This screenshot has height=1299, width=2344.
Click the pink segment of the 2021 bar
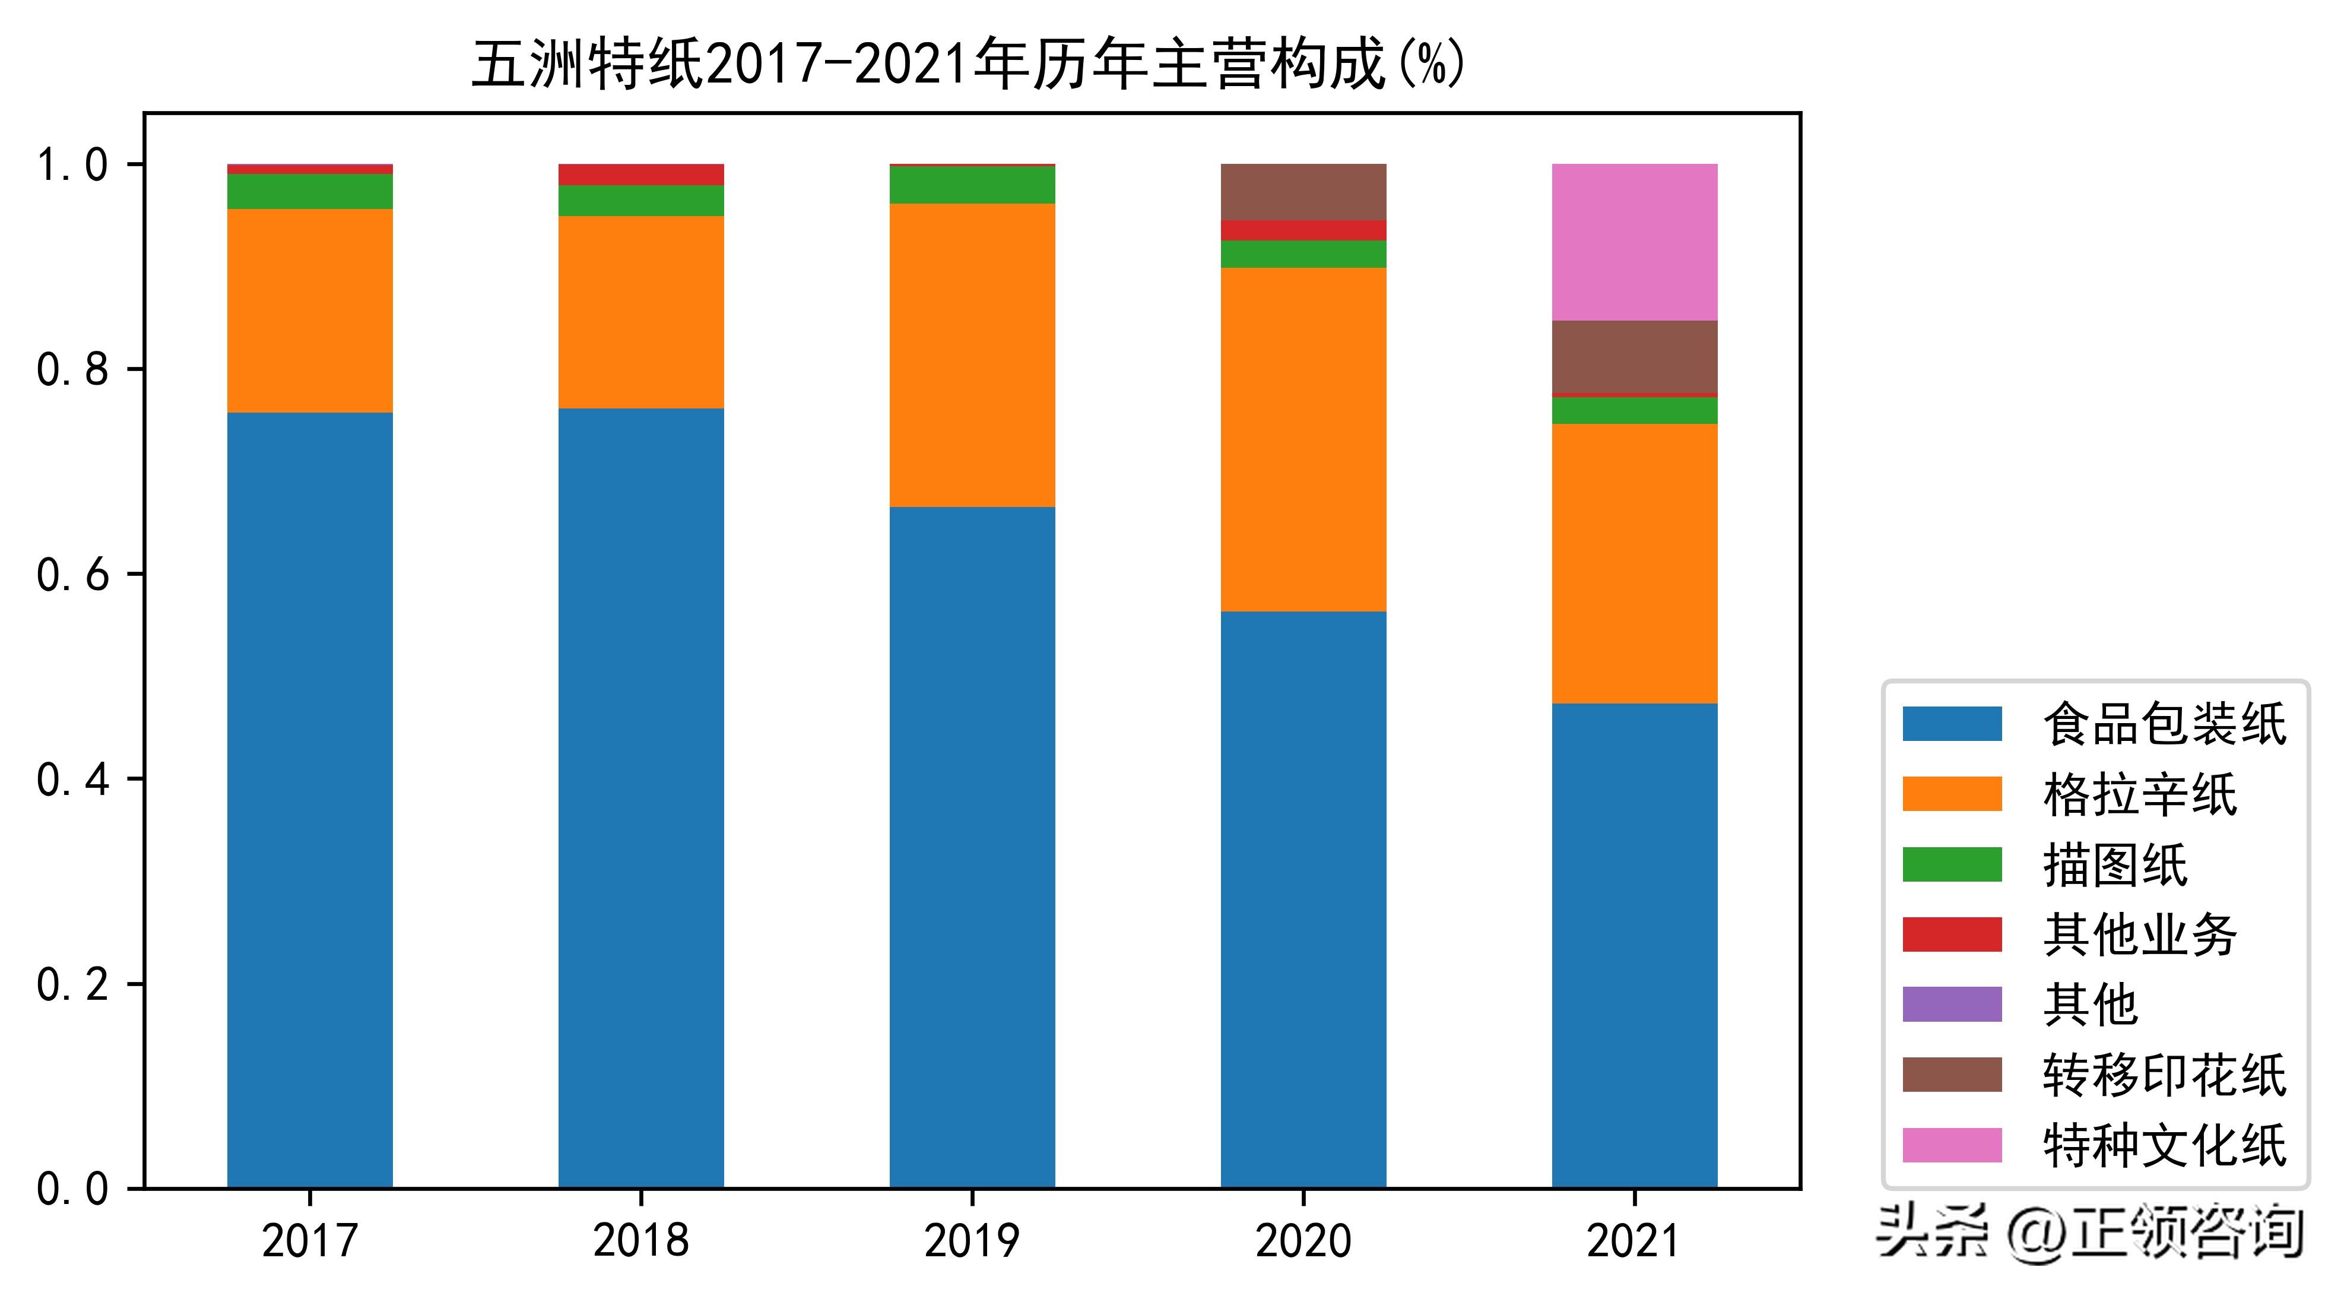(x=1634, y=242)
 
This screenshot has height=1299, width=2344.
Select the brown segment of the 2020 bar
(x=1303, y=192)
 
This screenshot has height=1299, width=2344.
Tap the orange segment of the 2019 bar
(x=972, y=355)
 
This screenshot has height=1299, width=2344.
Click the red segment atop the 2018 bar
(x=640, y=175)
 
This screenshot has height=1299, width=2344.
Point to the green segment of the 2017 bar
(x=309, y=191)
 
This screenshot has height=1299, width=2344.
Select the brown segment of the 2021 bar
(x=1634, y=357)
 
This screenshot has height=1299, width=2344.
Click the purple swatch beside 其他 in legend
(x=1952, y=1005)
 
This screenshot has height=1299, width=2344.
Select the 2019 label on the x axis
(x=972, y=1241)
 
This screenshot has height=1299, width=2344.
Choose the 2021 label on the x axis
(x=1634, y=1241)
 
